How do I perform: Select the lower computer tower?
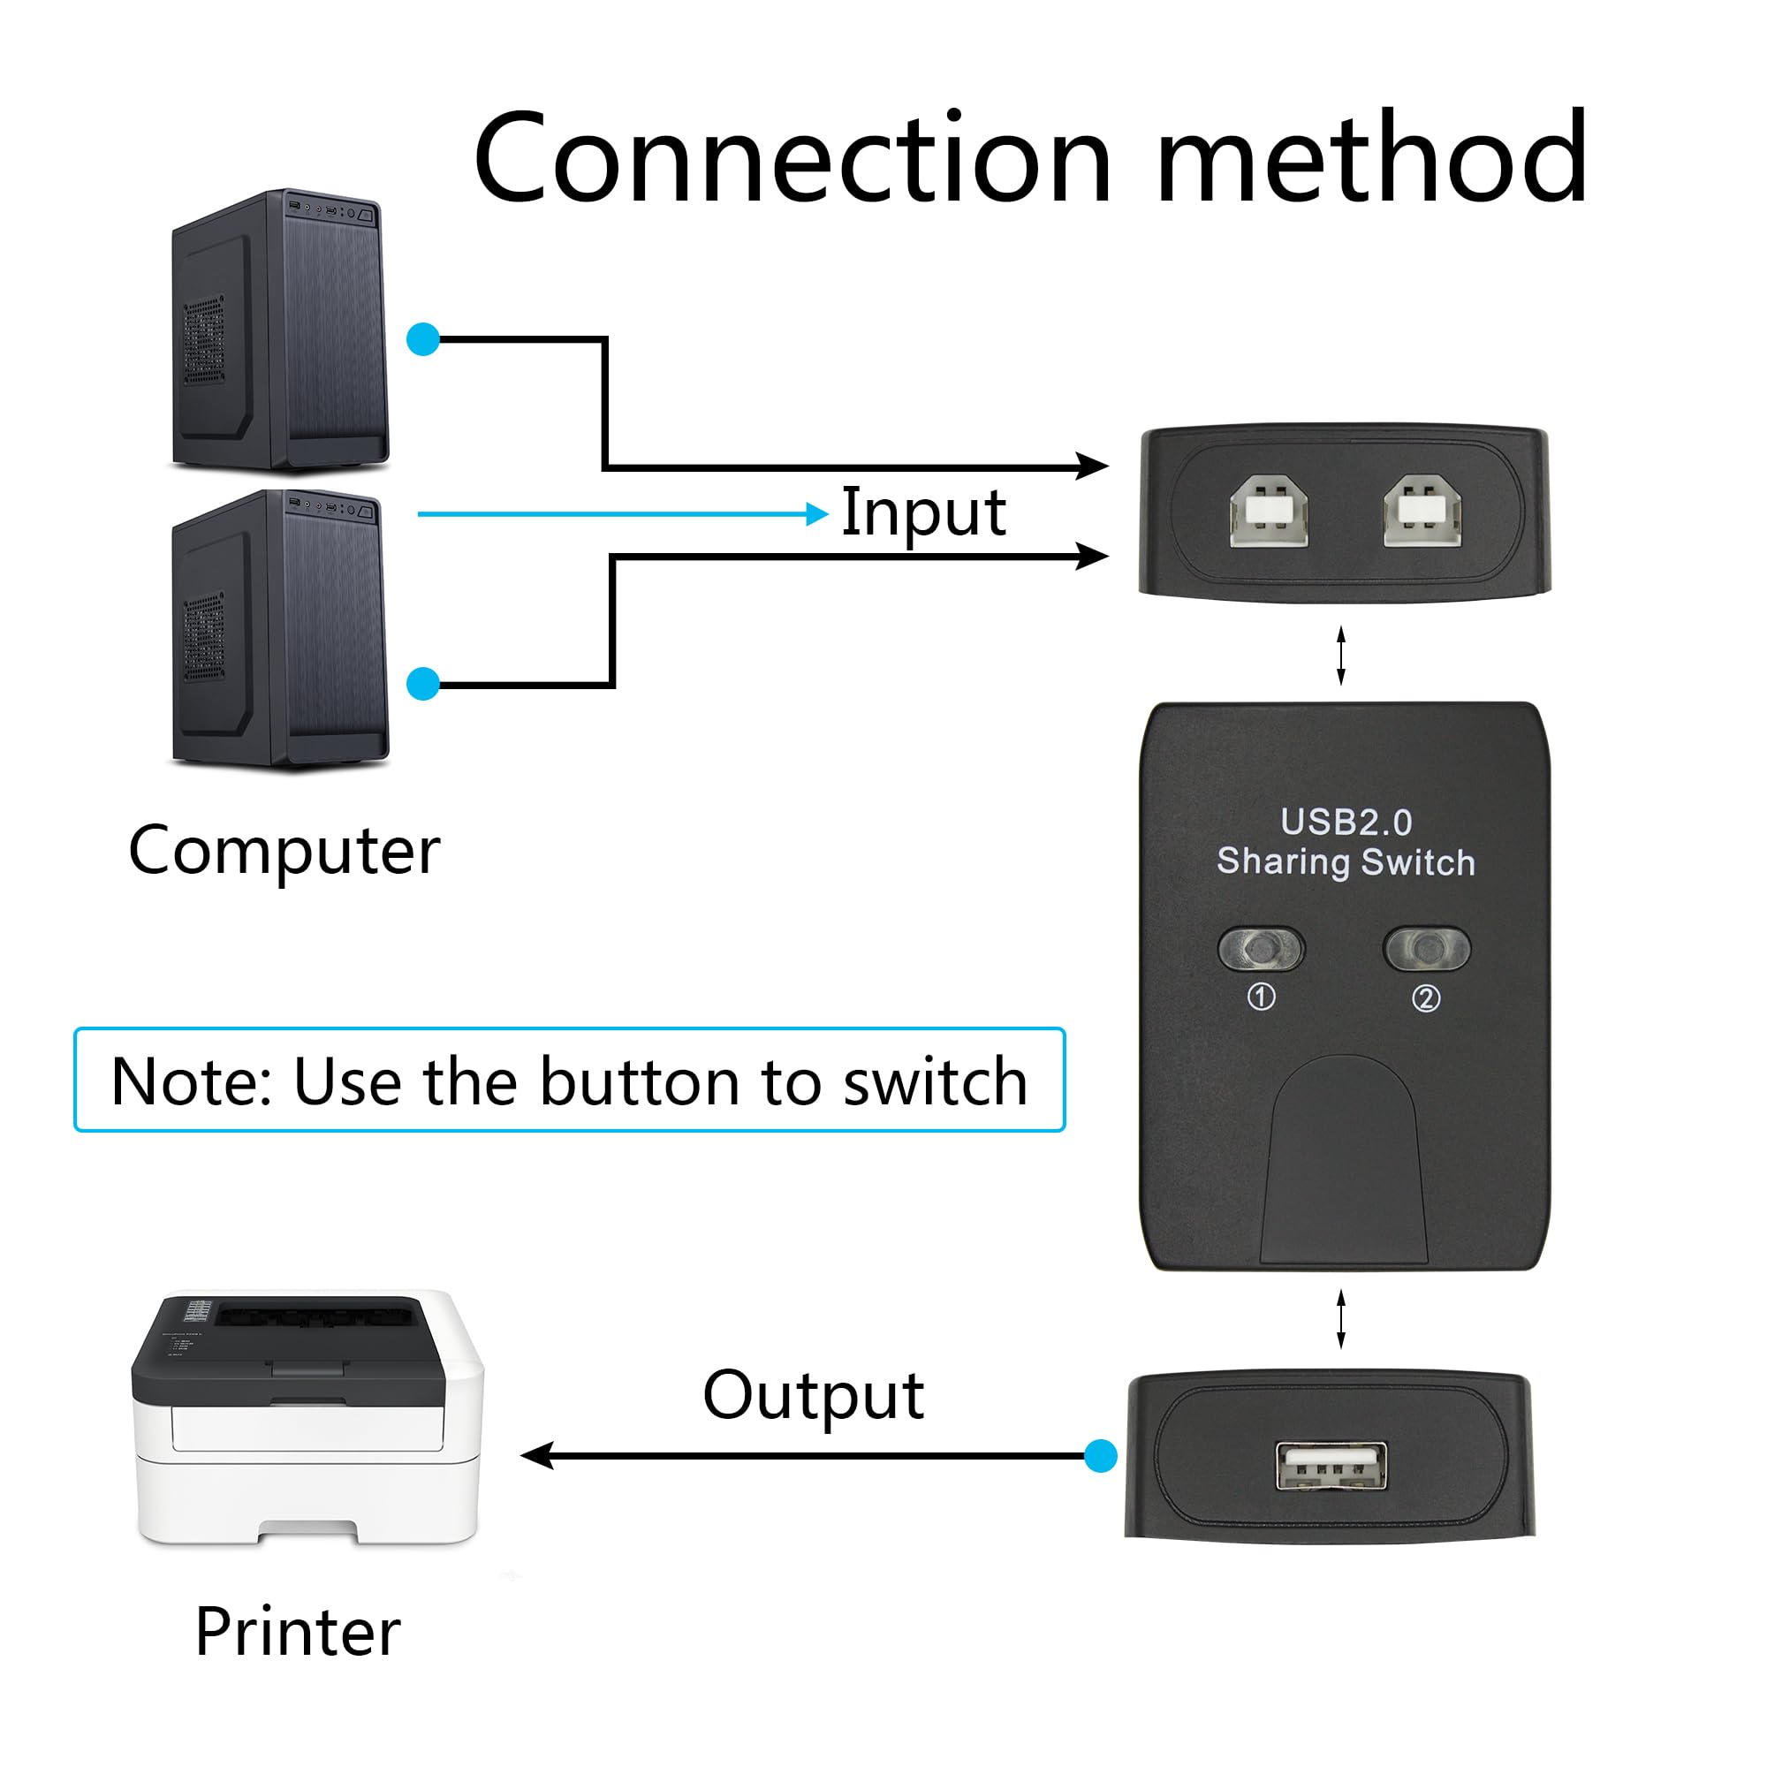(281, 629)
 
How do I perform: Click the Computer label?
(284, 851)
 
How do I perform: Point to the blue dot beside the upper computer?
(423, 339)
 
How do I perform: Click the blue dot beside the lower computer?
(423, 683)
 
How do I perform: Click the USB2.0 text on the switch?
(1346, 823)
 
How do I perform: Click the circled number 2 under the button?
(1426, 997)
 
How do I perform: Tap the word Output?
(813, 1397)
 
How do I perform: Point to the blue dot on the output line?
(1100, 1455)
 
